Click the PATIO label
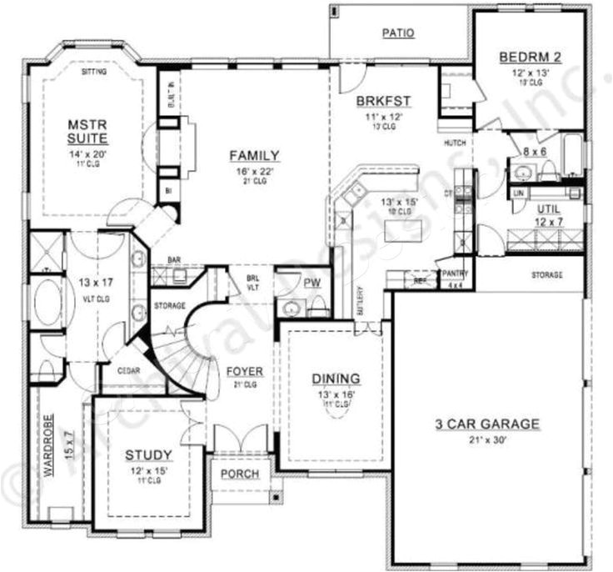tap(398, 33)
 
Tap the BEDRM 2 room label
tap(531, 57)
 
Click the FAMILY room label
tap(254, 155)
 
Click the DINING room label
tap(336, 378)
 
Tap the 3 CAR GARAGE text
tap(487, 424)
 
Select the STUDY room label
tap(149, 454)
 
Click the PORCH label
tap(240, 474)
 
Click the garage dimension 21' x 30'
tap(487, 439)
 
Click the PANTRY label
tap(455, 273)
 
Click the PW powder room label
tap(312, 283)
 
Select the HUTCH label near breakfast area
tap(454, 143)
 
